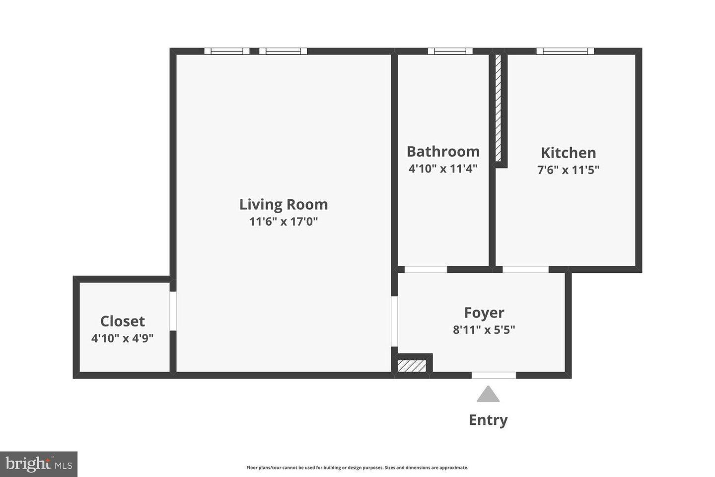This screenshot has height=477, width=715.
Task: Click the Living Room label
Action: pos(284,204)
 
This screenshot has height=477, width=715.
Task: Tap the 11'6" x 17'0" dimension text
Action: pos(284,222)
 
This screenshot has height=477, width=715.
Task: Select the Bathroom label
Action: pos(443,152)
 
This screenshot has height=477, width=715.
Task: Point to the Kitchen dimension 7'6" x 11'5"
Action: pos(568,170)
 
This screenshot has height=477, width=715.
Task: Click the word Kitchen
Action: pos(568,153)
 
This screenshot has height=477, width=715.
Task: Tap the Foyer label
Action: pos(484,313)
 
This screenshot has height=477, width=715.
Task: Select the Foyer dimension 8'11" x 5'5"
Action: pos(484,330)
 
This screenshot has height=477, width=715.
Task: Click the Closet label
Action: pos(123,321)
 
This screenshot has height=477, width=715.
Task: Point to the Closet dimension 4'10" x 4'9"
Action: pos(123,339)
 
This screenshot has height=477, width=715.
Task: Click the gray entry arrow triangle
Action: pos(488,395)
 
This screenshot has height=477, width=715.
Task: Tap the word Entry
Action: pos(488,420)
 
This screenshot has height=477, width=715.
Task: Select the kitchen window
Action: pos(565,51)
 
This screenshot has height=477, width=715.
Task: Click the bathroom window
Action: pos(450,51)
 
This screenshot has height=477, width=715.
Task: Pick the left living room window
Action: pos(227,51)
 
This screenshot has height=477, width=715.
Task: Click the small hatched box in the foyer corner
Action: pos(412,366)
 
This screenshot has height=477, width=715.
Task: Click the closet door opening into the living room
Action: pos(173,311)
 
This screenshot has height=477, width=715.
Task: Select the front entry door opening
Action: pos(494,375)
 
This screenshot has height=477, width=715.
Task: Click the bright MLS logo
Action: pos(38,464)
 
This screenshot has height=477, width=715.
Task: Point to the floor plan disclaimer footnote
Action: pos(357,468)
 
